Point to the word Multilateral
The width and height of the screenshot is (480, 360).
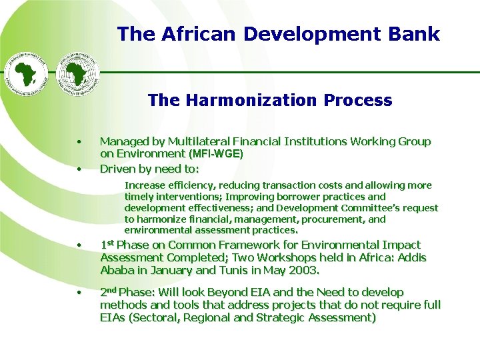(199, 141)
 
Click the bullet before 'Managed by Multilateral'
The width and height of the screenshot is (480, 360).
(79, 142)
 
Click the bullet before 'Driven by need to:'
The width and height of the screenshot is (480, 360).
(79, 168)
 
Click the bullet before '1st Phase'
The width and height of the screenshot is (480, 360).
(79, 245)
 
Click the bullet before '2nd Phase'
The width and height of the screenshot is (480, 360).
(79, 293)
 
